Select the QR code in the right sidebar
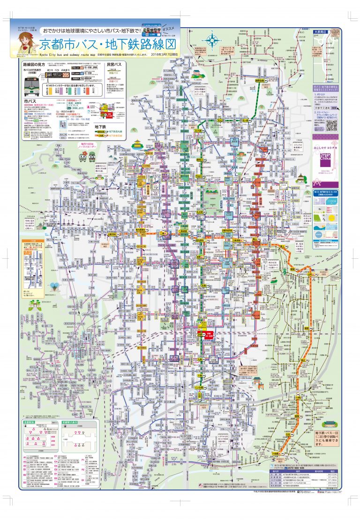click(x=331, y=125)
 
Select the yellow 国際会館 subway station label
click(x=260, y=80)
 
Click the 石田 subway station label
click(x=288, y=436)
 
